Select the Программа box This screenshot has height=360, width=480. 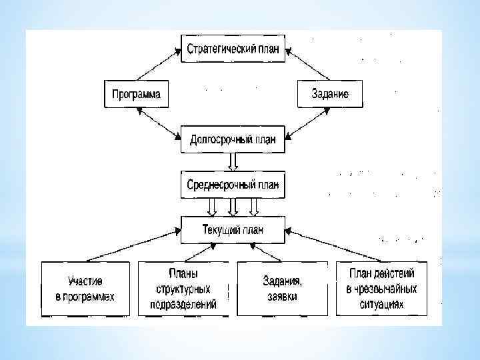(x=135, y=94)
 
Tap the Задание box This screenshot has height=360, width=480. (x=330, y=94)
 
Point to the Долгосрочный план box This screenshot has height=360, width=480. (x=233, y=140)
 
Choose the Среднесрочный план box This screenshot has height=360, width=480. (x=233, y=183)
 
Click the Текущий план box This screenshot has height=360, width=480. (x=233, y=230)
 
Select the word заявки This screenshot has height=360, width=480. (x=280, y=297)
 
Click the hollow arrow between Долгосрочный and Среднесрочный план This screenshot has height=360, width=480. (x=233, y=161)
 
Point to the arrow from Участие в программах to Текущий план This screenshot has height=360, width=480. (x=133, y=245)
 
